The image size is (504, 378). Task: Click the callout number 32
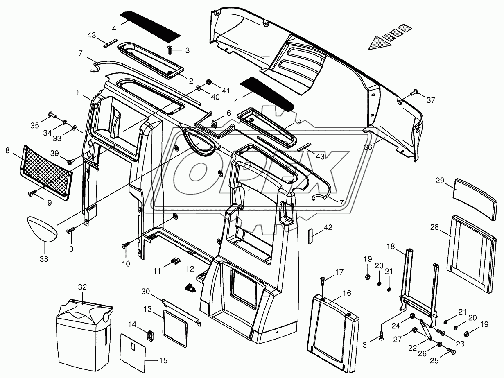(x=83, y=287)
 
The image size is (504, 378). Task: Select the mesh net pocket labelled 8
(x=46, y=172)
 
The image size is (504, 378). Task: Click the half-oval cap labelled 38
(x=45, y=230)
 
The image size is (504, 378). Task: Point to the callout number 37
(x=431, y=100)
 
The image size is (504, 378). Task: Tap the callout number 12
(x=190, y=269)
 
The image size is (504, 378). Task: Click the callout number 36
(x=368, y=147)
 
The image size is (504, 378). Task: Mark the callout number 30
(x=146, y=292)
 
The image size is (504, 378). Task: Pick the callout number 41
(x=226, y=91)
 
